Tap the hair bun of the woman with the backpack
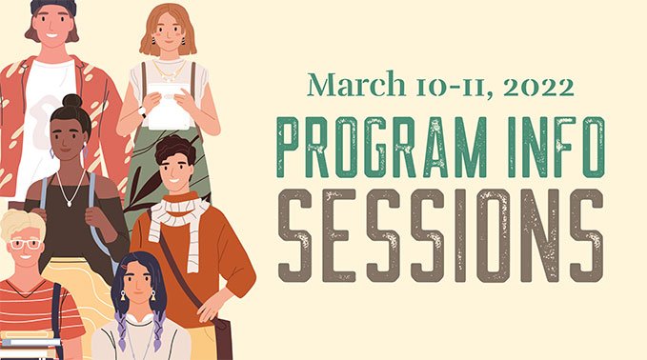coord(71,100)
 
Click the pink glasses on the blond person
coord(23,244)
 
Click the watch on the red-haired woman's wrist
coord(142,111)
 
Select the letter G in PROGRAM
coord(405,149)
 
